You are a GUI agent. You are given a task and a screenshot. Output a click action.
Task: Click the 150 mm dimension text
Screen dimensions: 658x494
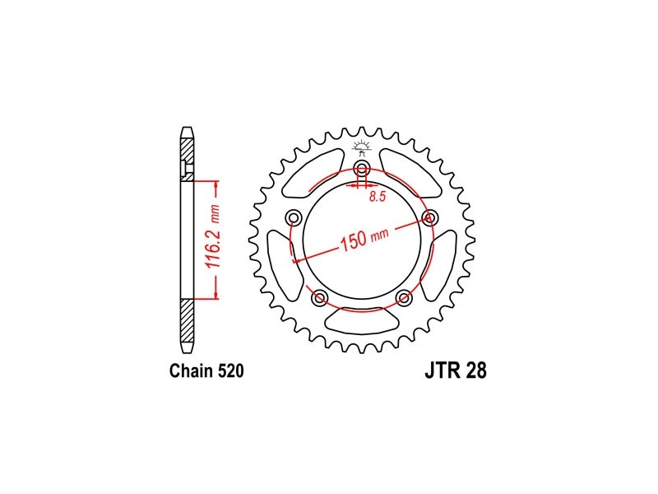364,240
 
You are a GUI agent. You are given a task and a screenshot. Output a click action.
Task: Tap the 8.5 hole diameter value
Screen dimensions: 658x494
378,196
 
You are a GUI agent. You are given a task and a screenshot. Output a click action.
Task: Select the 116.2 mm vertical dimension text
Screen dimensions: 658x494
214,236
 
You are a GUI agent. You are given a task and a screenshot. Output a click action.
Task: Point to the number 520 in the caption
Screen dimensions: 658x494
231,371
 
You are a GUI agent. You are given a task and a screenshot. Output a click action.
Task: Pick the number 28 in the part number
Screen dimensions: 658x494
478,371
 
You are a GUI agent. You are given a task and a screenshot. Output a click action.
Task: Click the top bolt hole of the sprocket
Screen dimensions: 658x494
362,170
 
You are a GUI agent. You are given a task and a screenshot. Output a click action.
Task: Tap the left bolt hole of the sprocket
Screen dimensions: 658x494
294,218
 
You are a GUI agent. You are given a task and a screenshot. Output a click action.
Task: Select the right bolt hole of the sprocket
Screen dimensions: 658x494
429,217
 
